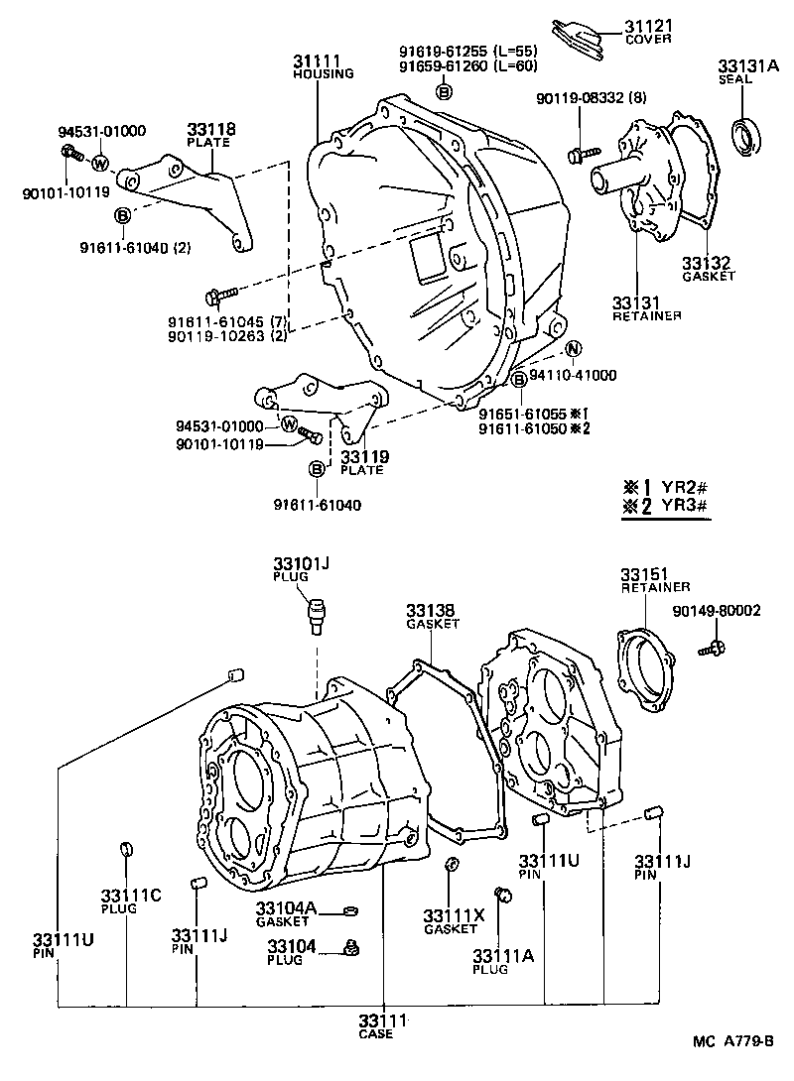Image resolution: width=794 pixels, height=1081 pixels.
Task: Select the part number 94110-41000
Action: coord(573,376)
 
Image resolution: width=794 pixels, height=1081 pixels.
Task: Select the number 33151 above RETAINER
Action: coord(645,575)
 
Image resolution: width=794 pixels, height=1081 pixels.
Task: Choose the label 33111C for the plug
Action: coord(130,896)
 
